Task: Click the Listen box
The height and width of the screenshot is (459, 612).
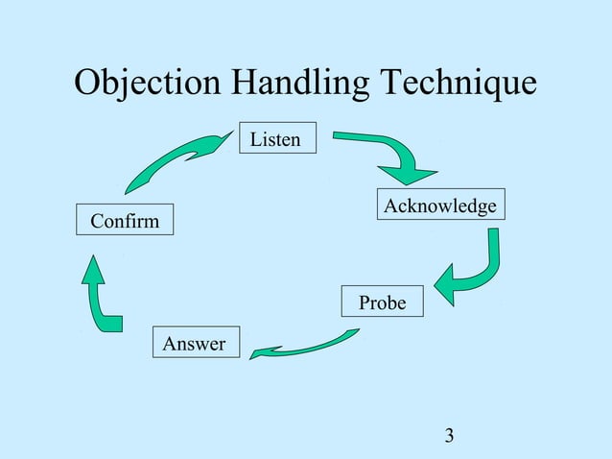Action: point(275,140)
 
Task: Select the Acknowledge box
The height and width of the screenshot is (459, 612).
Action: point(440,206)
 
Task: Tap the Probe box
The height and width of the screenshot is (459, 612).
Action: point(382,303)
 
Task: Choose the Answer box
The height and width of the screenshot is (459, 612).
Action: point(195,343)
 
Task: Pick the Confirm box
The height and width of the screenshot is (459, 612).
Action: point(125,221)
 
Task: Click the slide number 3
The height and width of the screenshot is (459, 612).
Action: point(450,438)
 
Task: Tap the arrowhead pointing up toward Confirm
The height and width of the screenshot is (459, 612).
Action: point(93,269)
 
